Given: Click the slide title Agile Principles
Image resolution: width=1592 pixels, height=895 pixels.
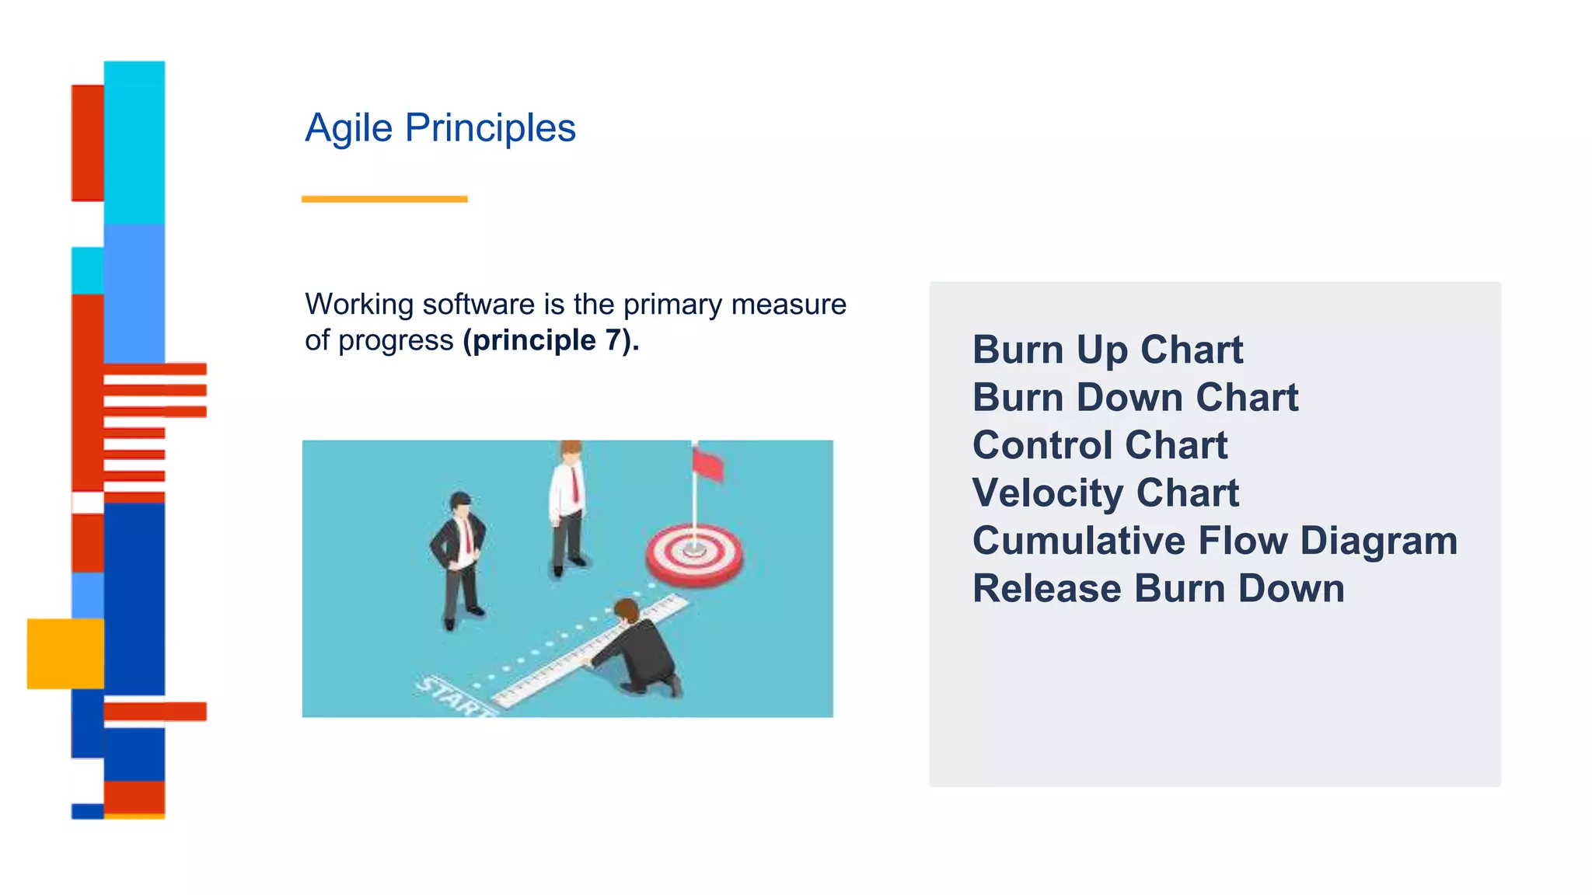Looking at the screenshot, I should [x=440, y=128].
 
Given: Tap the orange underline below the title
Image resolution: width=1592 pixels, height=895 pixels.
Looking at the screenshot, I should [x=384, y=200].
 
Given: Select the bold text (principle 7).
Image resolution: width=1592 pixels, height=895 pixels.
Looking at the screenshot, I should [x=550, y=340].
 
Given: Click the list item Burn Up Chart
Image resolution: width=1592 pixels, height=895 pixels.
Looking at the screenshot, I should [x=1107, y=350].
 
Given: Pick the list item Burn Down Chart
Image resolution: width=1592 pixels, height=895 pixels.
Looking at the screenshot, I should [x=1135, y=398].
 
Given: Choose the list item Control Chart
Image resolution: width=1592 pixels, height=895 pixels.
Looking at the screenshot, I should [x=1099, y=445].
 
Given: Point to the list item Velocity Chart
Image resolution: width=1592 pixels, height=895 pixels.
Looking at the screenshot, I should [x=1105, y=493].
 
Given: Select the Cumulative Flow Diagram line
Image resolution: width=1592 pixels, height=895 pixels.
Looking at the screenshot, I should [x=1214, y=541].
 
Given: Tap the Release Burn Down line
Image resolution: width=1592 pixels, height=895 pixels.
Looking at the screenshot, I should [x=1158, y=589].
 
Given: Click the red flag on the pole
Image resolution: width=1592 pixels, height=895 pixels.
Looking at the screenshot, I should [x=707, y=465].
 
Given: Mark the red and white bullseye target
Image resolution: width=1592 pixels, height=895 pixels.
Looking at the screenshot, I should [x=694, y=555].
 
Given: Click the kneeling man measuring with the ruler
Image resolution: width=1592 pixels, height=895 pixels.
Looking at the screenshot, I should [x=641, y=649].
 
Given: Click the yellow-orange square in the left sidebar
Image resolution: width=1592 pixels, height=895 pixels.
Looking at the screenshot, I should [x=65, y=653].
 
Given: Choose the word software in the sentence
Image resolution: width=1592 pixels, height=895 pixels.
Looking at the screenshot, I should [x=479, y=305].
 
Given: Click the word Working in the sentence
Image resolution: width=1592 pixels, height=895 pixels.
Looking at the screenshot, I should [x=359, y=305].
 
